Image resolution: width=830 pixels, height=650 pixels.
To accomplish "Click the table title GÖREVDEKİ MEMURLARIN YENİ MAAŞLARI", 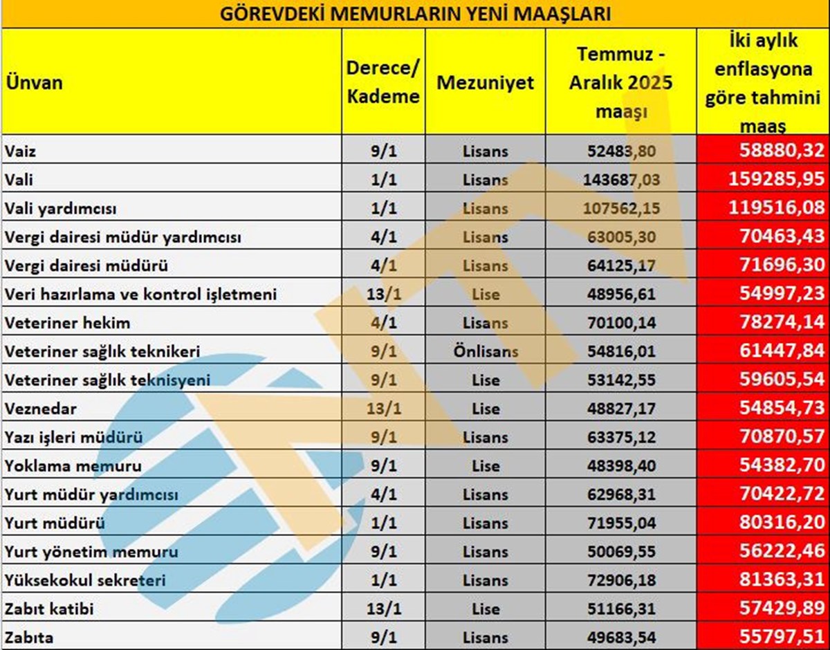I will [415, 14].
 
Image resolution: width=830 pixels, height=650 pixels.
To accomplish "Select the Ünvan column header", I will [35, 83].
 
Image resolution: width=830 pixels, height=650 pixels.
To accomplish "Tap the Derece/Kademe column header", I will [383, 83].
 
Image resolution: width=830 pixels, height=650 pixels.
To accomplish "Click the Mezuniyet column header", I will [486, 83].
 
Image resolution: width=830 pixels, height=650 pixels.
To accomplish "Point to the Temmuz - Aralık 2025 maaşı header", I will [620, 82].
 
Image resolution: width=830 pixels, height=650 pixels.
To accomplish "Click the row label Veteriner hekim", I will [67, 323].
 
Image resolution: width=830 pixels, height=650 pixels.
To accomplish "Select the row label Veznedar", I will [41, 409].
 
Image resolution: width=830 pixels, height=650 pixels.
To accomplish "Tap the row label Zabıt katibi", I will [49, 609].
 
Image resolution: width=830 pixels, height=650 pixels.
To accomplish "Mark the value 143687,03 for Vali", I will [621, 180].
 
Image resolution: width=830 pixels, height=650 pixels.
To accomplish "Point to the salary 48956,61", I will [621, 295].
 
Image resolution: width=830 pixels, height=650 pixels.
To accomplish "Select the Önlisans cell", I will [486, 351].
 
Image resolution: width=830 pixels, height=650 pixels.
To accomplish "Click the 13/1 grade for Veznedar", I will [383, 409].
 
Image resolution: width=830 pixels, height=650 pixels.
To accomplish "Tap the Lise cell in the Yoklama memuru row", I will [486, 466].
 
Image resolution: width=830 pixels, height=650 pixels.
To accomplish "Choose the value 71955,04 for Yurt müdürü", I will [621, 523].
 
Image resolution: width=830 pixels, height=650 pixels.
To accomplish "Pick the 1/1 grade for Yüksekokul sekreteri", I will [383, 581].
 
